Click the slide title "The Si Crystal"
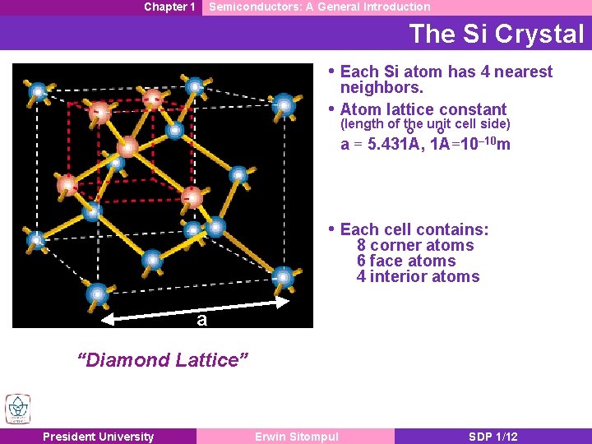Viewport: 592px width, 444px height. pos(496,34)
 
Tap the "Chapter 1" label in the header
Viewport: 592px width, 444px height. pos(169,7)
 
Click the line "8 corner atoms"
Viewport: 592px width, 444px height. pos(415,245)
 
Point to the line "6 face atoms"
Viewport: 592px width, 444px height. pos(406,261)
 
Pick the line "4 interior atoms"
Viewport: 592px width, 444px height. pos(418,276)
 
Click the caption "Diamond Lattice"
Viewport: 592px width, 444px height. pos(162,359)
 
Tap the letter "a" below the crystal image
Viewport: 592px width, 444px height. pos(201,320)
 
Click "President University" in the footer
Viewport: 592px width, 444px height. pos(98,437)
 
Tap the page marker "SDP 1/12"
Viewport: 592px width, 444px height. pos(493,437)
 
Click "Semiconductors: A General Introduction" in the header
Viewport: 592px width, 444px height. pos(320,7)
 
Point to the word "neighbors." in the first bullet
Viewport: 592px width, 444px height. pos(382,87)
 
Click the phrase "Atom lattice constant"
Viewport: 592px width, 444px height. pos(423,109)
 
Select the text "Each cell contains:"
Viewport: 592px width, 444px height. pos(414,229)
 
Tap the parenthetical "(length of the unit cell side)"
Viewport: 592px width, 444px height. pos(425,124)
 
